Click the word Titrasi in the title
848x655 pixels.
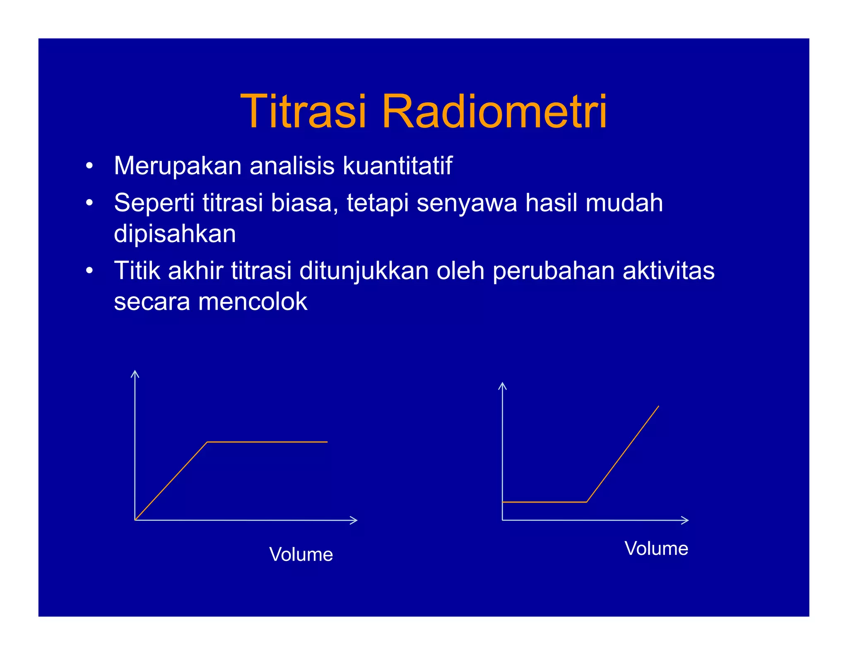(x=304, y=112)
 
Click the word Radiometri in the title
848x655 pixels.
(x=494, y=112)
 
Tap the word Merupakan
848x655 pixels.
(x=178, y=166)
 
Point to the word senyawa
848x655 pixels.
(x=467, y=203)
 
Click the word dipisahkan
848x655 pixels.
(x=175, y=234)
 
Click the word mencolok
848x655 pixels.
(x=253, y=301)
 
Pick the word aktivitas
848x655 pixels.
(x=668, y=271)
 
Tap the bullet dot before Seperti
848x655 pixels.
(x=89, y=203)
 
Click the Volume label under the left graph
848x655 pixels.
(x=301, y=554)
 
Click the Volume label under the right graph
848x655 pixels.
(x=656, y=548)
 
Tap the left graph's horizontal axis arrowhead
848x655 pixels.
(x=355, y=520)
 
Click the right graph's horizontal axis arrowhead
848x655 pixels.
(x=686, y=520)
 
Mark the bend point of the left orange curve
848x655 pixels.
(x=207, y=442)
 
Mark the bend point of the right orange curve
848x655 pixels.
(x=587, y=502)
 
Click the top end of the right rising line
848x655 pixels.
(x=658, y=407)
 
